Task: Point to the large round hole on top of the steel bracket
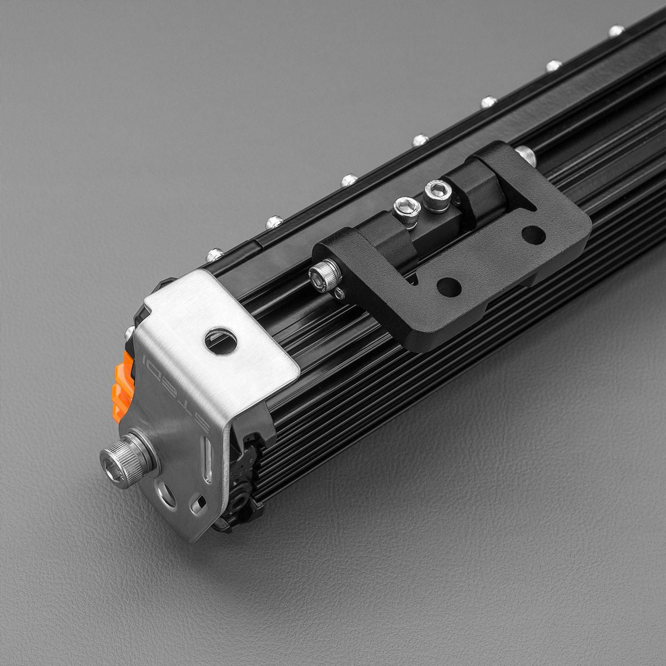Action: (221, 341)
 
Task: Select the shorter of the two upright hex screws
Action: (406, 211)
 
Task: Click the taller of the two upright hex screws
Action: (437, 195)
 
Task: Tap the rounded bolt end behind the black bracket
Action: (525, 155)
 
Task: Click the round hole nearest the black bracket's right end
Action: (533, 235)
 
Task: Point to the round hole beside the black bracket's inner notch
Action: (448, 286)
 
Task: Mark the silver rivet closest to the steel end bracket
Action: (214, 255)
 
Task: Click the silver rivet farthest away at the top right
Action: (615, 31)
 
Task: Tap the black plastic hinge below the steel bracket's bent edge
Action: (244, 488)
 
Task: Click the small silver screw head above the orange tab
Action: (129, 333)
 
